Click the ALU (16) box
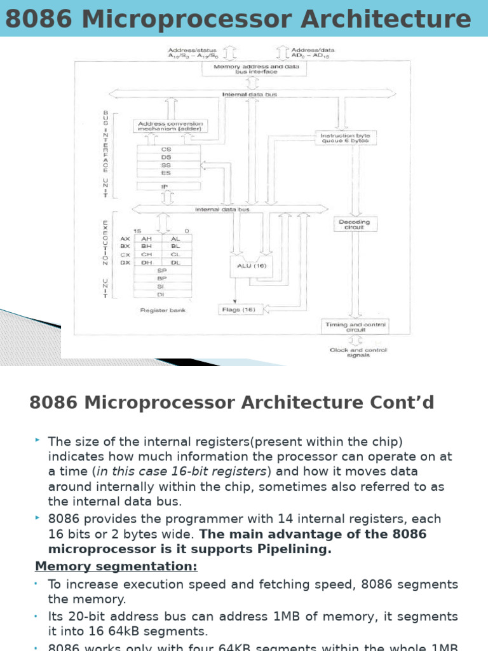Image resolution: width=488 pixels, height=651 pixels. (250, 266)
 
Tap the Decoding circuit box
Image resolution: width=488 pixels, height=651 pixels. (355, 224)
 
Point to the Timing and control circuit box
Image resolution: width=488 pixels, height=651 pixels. (356, 327)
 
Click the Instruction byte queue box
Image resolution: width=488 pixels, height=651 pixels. (345, 138)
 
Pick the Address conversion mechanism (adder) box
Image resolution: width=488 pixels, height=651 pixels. (168, 126)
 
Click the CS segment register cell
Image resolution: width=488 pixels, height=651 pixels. (166, 149)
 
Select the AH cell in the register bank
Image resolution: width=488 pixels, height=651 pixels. (146, 238)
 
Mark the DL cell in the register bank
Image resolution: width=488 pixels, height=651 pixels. (175, 262)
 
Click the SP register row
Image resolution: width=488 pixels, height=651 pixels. (161, 270)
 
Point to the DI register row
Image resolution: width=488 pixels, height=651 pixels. (161, 294)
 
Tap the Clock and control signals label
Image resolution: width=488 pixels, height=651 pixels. (358, 353)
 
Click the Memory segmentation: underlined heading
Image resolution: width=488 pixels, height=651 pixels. (116, 566)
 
